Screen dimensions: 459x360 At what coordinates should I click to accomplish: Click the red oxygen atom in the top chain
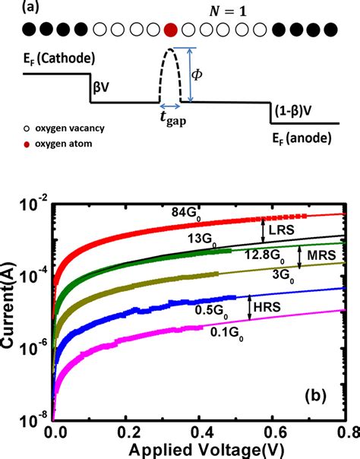pyautogui.click(x=171, y=30)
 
